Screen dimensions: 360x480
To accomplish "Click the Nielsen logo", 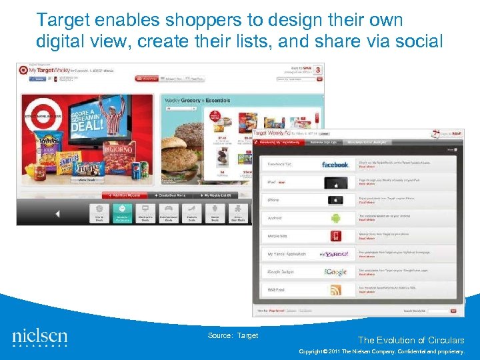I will (x=40, y=337).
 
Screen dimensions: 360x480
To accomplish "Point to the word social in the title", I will (x=417, y=41).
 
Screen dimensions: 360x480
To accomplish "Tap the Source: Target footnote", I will (x=233, y=335).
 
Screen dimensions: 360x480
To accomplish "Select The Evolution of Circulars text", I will (x=411, y=340).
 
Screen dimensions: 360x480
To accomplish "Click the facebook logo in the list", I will (x=335, y=164).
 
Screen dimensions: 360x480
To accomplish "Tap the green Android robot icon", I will (x=335, y=217).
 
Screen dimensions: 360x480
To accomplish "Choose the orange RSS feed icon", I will (x=335, y=289).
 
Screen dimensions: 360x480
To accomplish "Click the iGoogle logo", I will (x=335, y=271).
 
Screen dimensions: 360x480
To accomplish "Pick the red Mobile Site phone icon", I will (x=335, y=235).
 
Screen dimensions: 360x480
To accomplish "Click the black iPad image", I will (x=335, y=182).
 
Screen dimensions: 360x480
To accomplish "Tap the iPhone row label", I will (x=274, y=200).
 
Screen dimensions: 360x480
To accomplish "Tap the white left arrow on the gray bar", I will (x=57, y=214).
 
